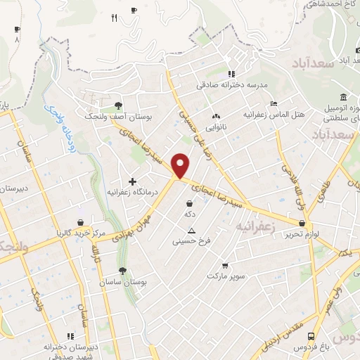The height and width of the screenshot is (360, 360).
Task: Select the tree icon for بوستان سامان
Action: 123,270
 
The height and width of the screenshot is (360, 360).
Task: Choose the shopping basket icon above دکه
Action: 190,203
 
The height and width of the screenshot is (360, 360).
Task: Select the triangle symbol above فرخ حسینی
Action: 191,231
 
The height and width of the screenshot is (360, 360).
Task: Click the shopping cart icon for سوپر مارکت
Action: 225,265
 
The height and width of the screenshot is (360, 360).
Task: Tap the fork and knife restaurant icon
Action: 114,18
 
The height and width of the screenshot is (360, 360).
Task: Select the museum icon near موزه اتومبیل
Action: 342,97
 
